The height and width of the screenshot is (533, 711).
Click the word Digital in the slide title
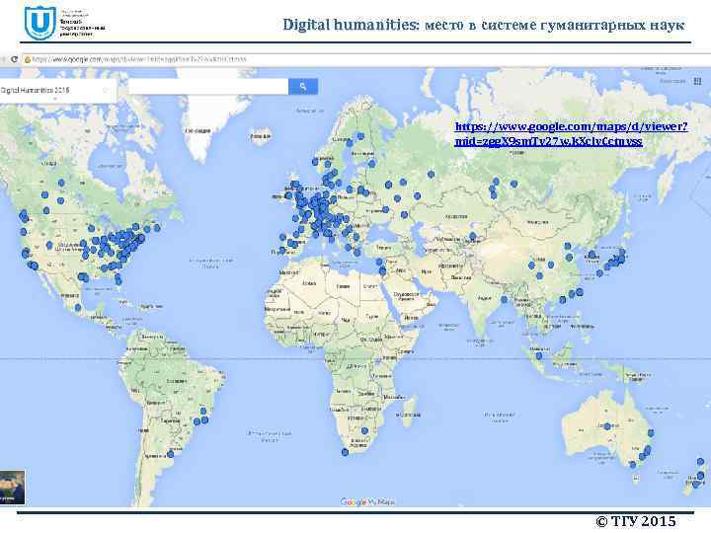click(304, 23)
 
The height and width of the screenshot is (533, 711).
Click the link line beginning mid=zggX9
click(547, 142)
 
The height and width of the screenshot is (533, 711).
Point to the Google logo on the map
click(354, 501)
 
